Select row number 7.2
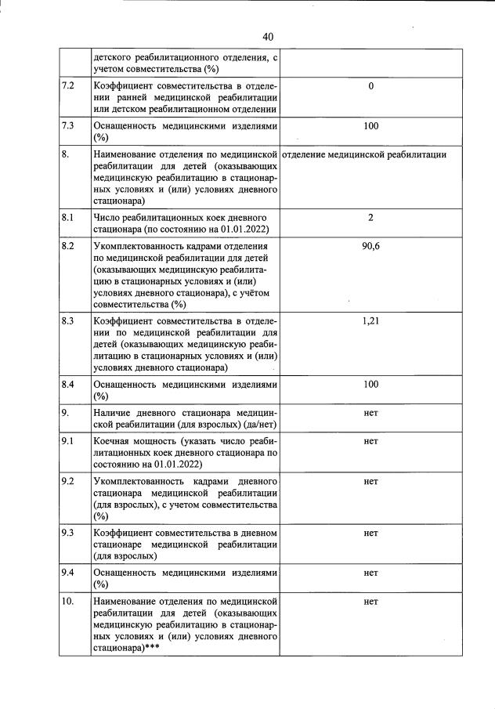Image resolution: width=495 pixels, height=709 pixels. tap(67, 85)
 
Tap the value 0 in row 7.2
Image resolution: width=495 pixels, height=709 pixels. tap(371, 85)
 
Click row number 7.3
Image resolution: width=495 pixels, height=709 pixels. tap(67, 125)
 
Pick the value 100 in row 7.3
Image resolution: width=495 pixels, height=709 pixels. tap(371, 125)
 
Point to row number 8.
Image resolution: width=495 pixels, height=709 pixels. tap(65, 155)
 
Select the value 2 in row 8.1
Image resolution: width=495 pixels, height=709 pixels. tap(371, 217)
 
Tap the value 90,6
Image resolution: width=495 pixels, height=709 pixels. tap(371, 247)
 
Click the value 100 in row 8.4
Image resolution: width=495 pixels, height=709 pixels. tap(371, 384)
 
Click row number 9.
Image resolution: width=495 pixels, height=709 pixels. tap(65, 413)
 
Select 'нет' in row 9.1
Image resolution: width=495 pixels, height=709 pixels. tap(371, 441)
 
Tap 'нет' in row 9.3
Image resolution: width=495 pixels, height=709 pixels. tap(371, 533)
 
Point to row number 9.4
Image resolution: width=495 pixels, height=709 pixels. tap(67, 573)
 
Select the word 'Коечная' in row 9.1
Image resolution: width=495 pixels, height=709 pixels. tap(111, 441)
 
